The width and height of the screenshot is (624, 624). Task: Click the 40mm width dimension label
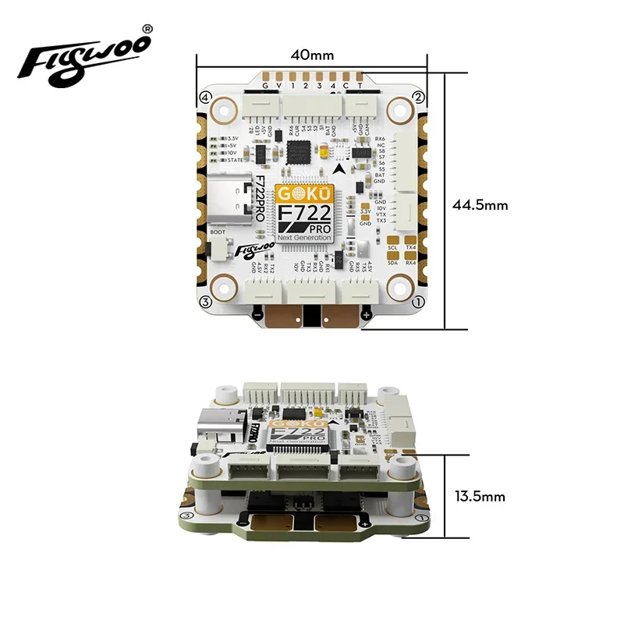click(312, 55)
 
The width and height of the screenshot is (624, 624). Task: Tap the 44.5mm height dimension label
click(480, 205)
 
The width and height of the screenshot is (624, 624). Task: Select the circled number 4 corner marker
click(206, 98)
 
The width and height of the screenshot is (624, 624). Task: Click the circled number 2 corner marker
click(418, 97)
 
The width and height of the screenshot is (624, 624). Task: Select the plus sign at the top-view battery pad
click(367, 314)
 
